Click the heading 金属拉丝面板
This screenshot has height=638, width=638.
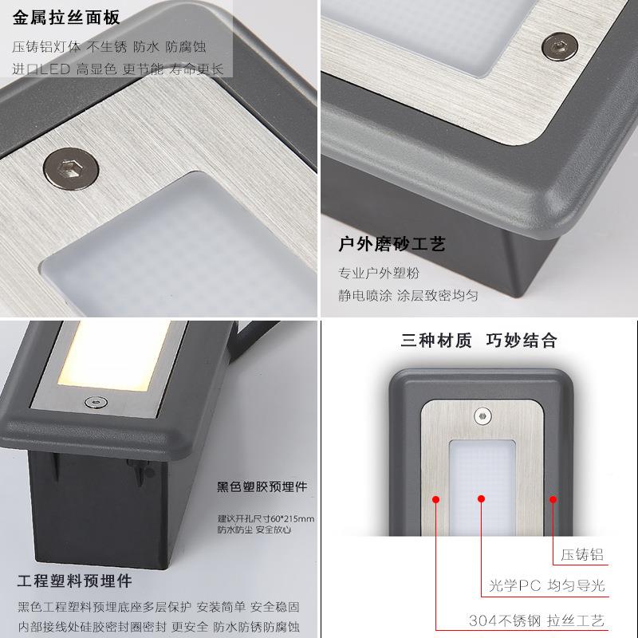(66, 18)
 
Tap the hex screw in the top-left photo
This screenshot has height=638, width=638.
(71, 168)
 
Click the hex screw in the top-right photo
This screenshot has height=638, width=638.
(560, 46)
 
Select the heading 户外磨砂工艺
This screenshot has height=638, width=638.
(392, 244)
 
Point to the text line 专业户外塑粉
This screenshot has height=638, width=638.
(379, 273)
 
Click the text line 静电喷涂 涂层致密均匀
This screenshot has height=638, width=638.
(408, 295)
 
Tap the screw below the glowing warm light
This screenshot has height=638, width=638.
(96, 403)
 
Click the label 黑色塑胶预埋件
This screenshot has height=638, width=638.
(262, 486)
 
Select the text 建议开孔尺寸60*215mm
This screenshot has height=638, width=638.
(266, 518)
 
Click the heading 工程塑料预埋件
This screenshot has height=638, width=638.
(75, 581)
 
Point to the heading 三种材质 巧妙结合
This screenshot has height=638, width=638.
(479, 341)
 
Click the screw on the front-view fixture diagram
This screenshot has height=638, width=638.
(482, 416)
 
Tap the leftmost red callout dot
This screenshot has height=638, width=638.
(435, 499)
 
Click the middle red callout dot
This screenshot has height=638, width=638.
(482, 498)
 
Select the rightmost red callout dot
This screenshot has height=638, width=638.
(553, 499)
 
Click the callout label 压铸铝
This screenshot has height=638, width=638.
(582, 554)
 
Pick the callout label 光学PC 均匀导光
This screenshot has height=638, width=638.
(547, 585)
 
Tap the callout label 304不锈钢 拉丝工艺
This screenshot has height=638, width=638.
(536, 620)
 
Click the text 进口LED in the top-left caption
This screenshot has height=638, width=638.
(41, 69)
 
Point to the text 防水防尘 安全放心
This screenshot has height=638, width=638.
(254, 530)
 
